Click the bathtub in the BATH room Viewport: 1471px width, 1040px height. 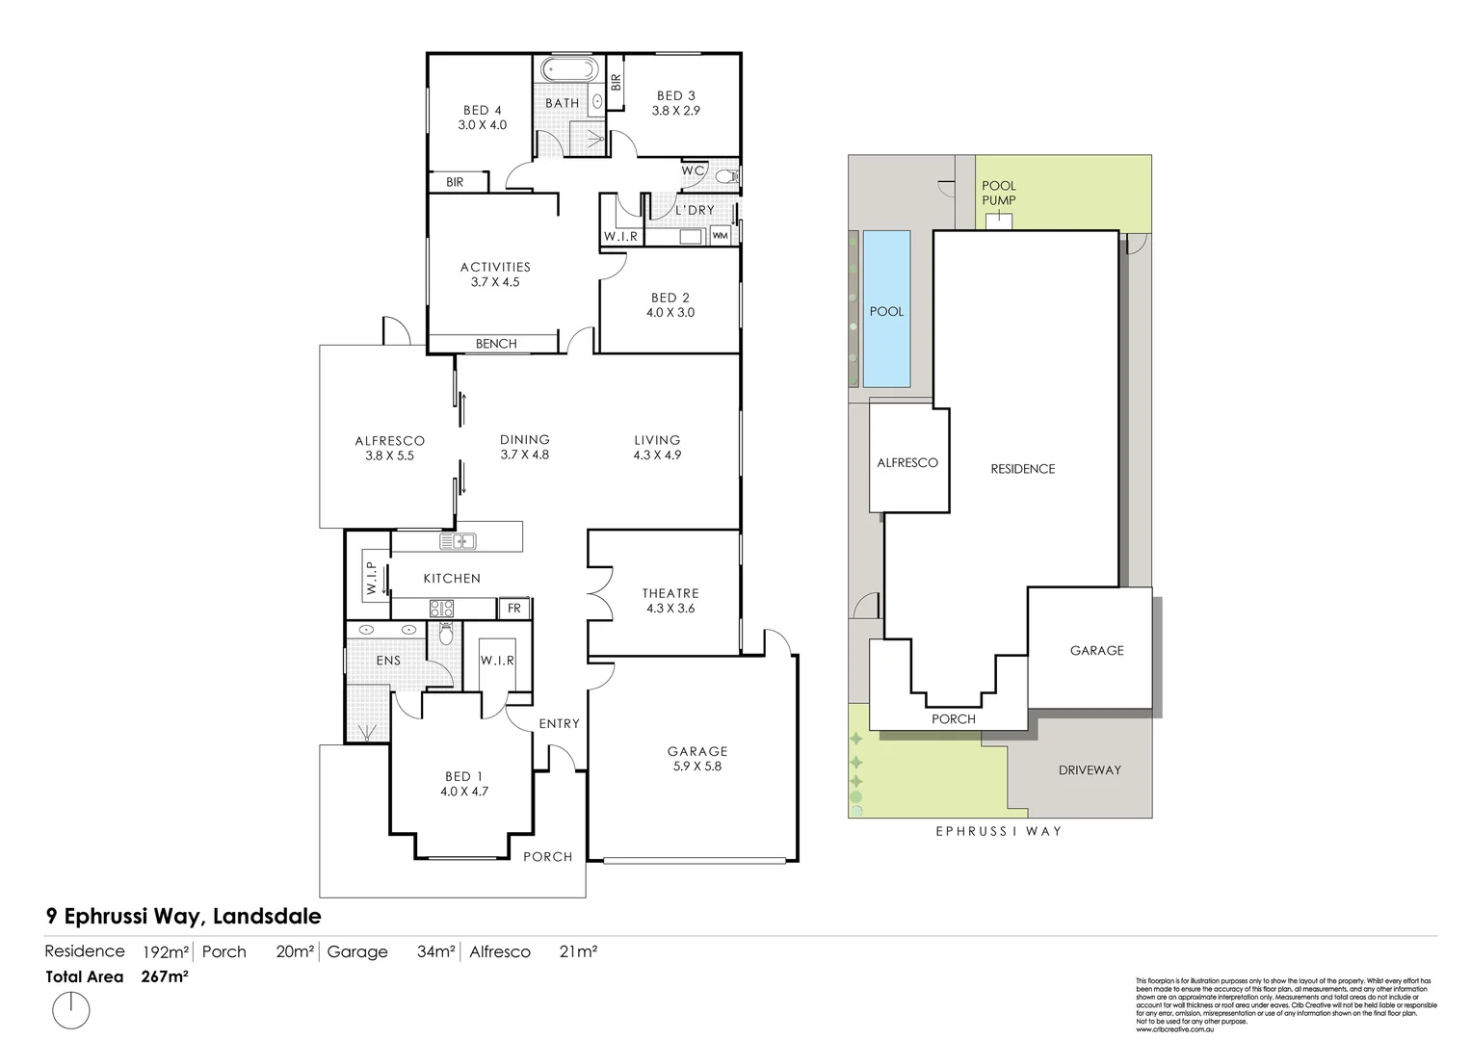(568, 70)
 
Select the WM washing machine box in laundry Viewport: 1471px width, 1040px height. (720, 235)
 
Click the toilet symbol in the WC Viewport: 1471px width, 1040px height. (728, 176)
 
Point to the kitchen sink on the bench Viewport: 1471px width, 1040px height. (459, 541)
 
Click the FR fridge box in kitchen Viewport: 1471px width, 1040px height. (513, 608)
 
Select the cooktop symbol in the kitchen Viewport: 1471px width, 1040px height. (441, 608)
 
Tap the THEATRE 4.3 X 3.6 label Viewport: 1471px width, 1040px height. (670, 600)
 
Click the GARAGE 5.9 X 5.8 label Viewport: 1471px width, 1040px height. (697, 758)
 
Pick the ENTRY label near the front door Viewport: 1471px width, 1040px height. (559, 723)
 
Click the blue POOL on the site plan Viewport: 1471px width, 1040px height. (886, 309)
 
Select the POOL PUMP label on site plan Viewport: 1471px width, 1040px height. (999, 193)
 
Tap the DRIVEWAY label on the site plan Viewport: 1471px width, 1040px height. (1090, 769)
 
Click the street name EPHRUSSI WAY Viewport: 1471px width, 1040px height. (999, 830)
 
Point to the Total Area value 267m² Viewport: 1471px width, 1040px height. (165, 976)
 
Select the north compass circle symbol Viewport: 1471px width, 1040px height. (70, 1011)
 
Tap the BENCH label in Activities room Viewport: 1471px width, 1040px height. (496, 344)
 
